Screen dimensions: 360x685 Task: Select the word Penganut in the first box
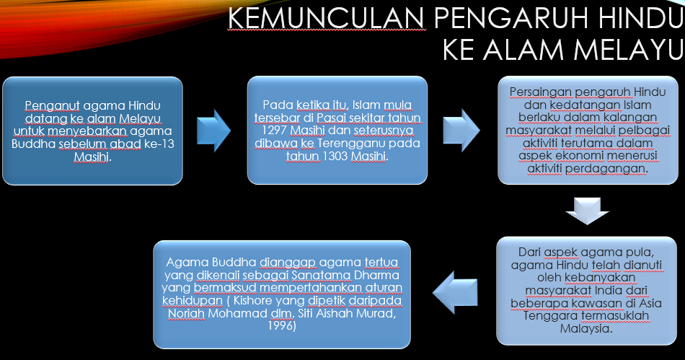[x=48, y=104]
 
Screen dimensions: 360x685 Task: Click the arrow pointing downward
[x=588, y=210]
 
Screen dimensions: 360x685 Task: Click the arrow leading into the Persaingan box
[x=462, y=131]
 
